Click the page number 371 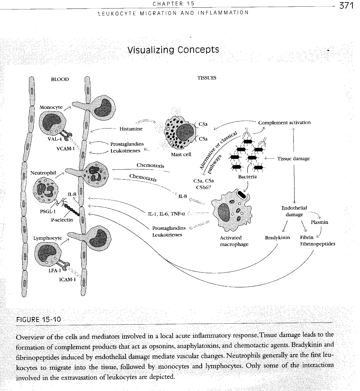346,6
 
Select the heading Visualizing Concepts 173,50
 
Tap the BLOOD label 60,79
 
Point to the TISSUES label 207,78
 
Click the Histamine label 131,129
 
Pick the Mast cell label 181,154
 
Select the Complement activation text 284,123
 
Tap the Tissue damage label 293,159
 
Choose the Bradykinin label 277,238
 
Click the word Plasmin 319,222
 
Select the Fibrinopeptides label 317,244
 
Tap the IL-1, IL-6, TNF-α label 166,214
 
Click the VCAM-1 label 66,149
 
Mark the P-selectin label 62,220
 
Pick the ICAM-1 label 67,279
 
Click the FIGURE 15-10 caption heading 38,319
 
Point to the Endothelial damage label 294,211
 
